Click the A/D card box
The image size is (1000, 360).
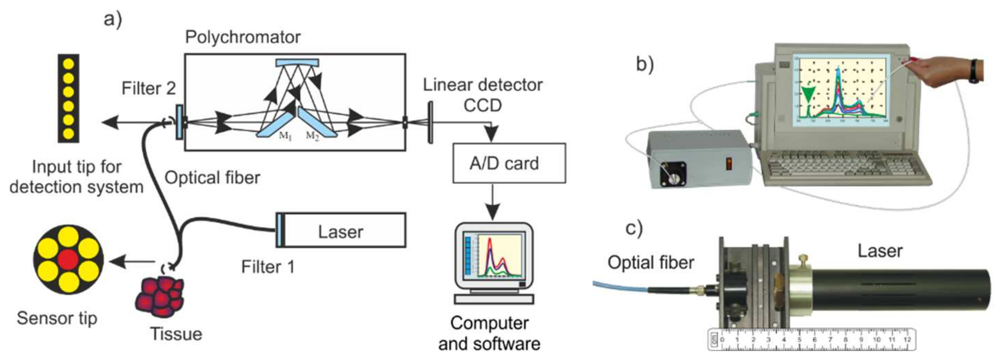509,163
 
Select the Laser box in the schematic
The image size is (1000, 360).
341,230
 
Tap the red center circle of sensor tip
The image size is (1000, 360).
68,259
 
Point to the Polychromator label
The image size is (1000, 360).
243,37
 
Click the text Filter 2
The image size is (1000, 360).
148,89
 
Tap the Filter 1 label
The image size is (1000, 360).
267,267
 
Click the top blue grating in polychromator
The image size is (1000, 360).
297,62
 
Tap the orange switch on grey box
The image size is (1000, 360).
729,164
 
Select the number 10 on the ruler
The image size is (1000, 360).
877,340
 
